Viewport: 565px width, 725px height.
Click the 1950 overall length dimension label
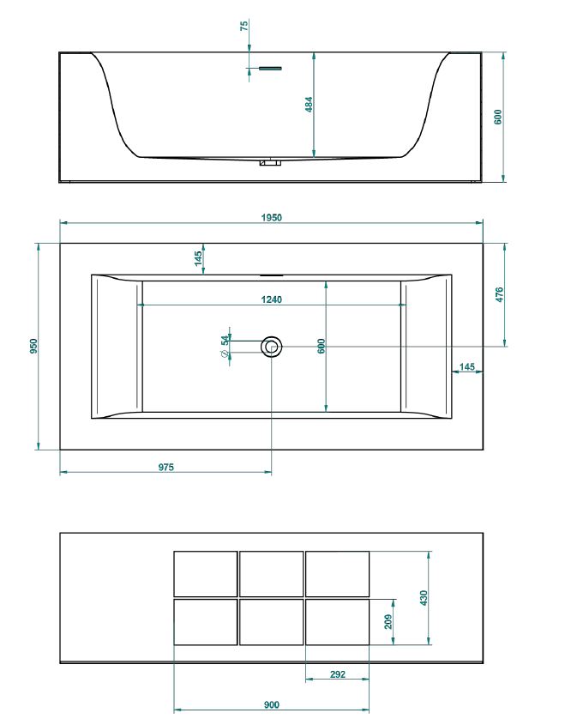(x=271, y=217)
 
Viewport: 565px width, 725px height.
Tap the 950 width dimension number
(x=33, y=347)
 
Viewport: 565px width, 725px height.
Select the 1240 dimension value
(x=271, y=299)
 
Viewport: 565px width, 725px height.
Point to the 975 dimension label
(x=165, y=467)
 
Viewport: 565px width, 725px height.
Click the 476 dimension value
(x=499, y=294)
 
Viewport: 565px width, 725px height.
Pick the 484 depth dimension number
(x=309, y=104)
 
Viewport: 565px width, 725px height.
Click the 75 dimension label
(x=244, y=25)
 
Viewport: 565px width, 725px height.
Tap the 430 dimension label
(x=424, y=598)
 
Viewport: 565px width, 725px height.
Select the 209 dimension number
(x=388, y=621)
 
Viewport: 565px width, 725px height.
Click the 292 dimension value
(x=338, y=674)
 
